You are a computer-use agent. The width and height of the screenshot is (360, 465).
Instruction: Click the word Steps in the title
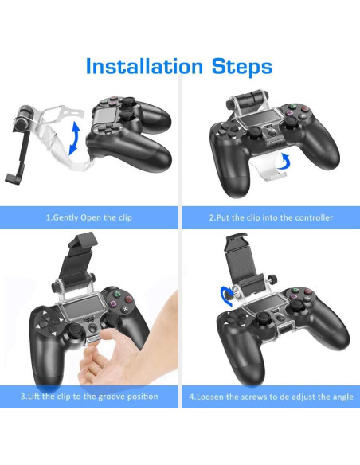pos(234,66)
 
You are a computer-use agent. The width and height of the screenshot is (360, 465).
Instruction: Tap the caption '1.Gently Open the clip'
pos(89,218)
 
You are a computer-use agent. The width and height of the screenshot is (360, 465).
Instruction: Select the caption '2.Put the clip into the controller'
pos(270,218)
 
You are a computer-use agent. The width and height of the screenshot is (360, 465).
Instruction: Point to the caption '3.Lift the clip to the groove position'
pos(89,396)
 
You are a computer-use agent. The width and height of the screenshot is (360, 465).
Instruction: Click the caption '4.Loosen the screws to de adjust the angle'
pos(270,396)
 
